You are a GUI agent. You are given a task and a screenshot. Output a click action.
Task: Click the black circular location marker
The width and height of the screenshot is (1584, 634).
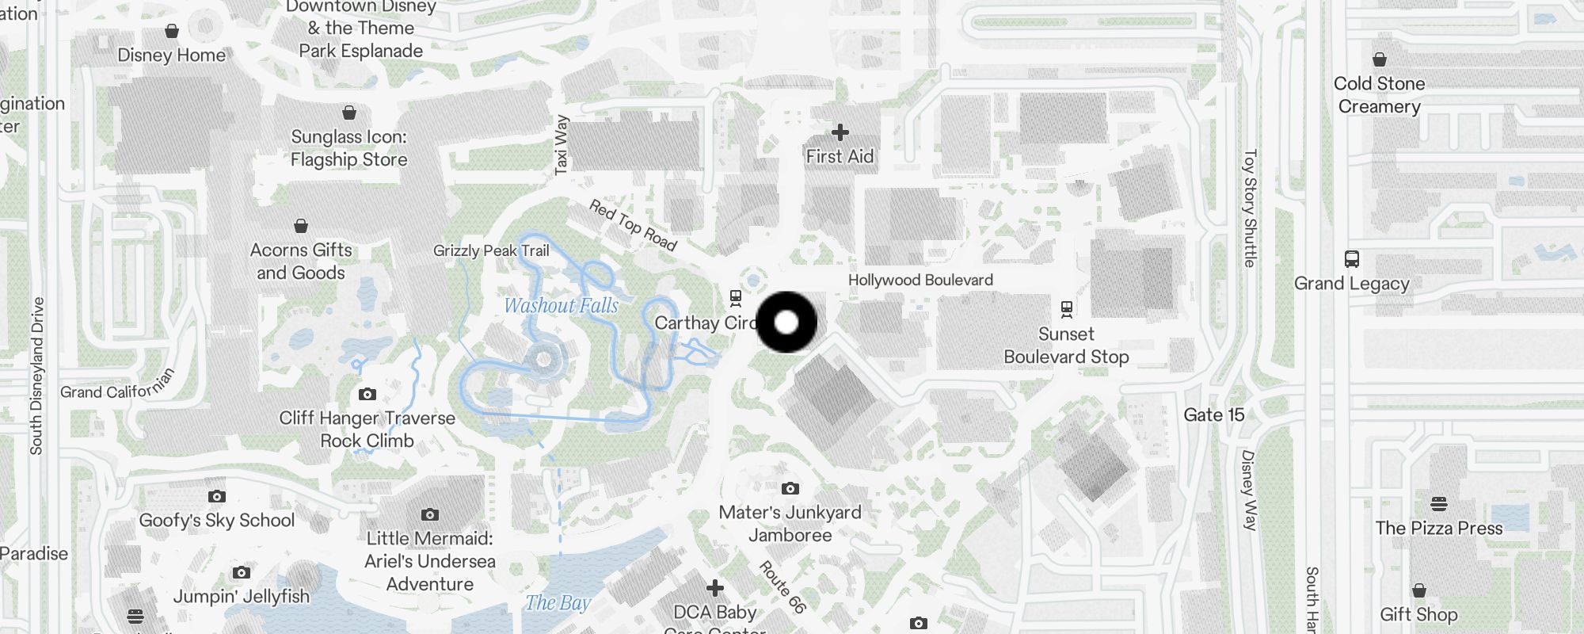click(x=786, y=322)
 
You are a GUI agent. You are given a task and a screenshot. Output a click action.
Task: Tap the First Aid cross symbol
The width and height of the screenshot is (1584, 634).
click(x=840, y=132)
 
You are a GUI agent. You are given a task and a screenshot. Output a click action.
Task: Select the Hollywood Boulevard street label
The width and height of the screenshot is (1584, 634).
click(x=920, y=280)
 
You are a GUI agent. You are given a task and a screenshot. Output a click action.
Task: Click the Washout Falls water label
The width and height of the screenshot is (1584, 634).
click(x=561, y=305)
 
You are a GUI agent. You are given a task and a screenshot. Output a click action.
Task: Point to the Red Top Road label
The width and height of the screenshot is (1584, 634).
click(x=633, y=225)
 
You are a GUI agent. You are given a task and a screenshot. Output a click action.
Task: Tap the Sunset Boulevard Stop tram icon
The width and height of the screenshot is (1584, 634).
click(x=1067, y=308)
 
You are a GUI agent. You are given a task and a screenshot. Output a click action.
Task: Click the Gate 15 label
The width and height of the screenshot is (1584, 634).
click(x=1213, y=414)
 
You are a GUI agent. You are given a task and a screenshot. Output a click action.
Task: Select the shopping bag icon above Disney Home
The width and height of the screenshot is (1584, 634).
click(x=172, y=31)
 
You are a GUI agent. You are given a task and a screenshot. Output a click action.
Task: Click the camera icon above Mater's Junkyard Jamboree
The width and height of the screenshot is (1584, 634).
click(x=790, y=488)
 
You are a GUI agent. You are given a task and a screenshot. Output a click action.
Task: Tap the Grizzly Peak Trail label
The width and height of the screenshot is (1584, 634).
click(x=491, y=250)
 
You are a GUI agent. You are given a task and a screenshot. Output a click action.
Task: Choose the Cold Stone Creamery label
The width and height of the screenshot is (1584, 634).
click(x=1379, y=94)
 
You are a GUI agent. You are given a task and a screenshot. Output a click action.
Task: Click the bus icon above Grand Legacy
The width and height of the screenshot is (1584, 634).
click(x=1352, y=259)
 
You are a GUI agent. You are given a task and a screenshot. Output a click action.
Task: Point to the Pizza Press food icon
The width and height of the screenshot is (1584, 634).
click(x=1439, y=504)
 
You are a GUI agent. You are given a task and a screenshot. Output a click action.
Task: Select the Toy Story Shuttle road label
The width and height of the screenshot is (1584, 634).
click(x=1250, y=208)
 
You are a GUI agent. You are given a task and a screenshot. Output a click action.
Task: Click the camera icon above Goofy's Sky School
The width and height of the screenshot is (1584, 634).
click(x=216, y=496)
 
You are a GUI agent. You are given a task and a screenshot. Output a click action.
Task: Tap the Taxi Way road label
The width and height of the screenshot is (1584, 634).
click(x=561, y=145)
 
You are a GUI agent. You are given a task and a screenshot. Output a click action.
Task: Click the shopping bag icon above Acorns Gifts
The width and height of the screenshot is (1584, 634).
click(x=301, y=226)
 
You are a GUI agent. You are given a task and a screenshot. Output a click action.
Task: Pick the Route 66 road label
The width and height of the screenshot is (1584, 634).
click(x=782, y=586)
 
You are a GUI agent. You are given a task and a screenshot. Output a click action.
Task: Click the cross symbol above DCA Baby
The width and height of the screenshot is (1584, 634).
click(x=715, y=588)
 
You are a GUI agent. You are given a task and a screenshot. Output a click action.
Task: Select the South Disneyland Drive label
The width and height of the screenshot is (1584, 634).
click(x=36, y=376)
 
